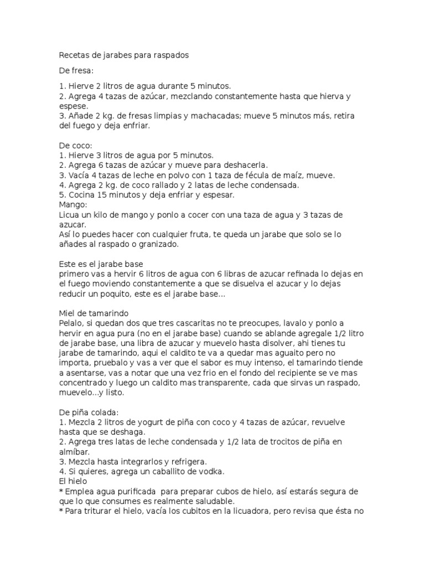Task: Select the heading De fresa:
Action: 76,71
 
